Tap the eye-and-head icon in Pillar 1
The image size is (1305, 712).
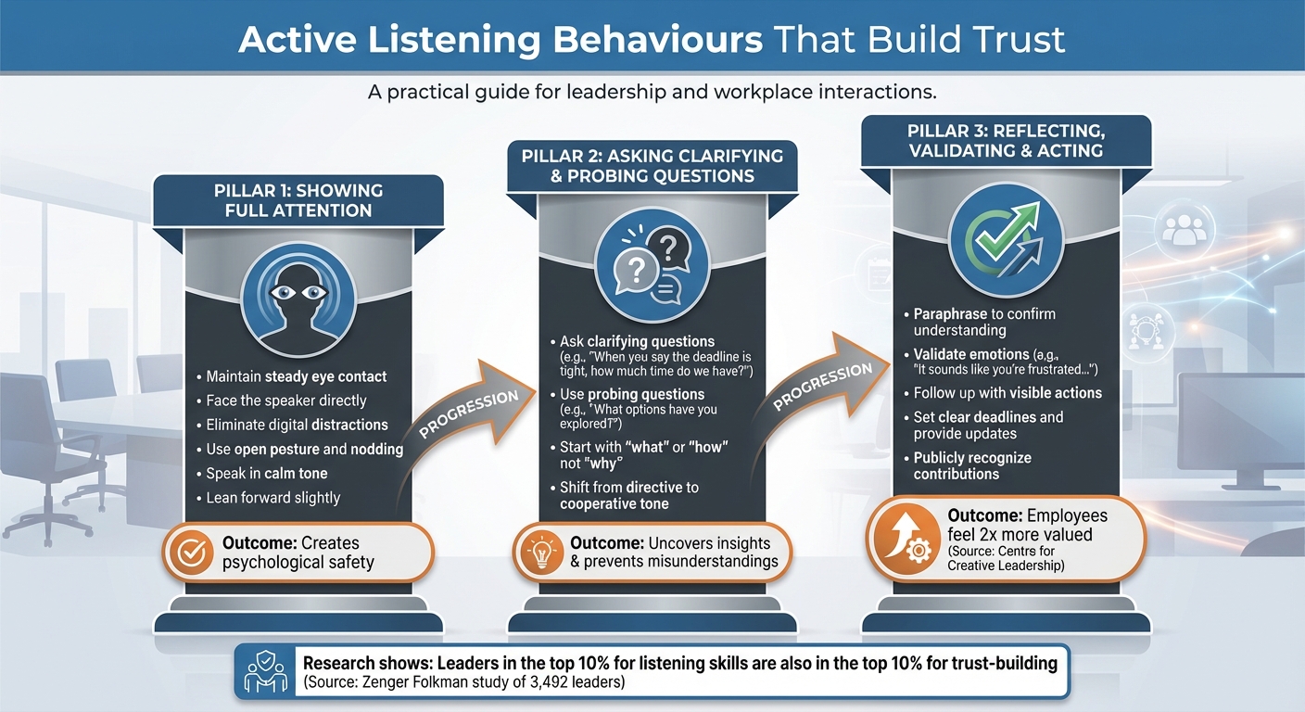(298, 295)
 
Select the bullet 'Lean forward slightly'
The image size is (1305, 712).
(272, 498)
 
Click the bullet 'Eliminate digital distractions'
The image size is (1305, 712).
(297, 425)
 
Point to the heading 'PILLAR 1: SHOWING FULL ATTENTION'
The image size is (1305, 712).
(298, 200)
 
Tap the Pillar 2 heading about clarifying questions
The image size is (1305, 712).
(652, 166)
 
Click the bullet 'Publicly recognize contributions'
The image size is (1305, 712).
(971, 465)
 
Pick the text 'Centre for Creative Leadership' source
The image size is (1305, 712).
(1006, 559)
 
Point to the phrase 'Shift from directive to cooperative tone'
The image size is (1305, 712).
(629, 496)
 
